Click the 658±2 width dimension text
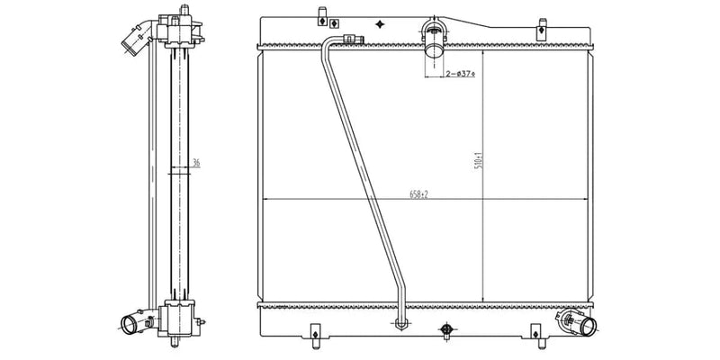[x=417, y=193]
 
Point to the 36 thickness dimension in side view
[x=195, y=163]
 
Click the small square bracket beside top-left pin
[x=334, y=22]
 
